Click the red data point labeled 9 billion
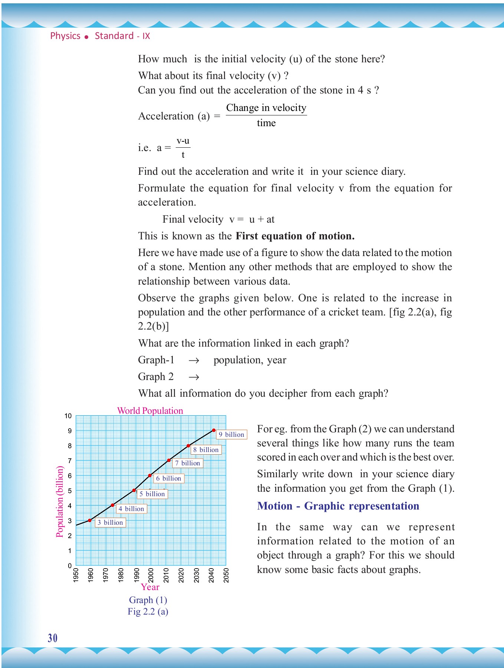click(x=214, y=430)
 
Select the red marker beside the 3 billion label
click(x=90, y=520)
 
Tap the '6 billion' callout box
click(x=169, y=478)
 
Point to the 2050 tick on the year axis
click(x=226, y=575)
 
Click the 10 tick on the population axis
click(x=68, y=416)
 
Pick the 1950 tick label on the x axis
click(x=76, y=575)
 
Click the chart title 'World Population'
click(x=150, y=411)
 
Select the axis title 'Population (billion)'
click(x=60, y=501)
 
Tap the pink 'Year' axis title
click(x=150, y=587)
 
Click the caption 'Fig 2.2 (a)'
click(x=148, y=612)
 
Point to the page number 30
click(x=53, y=638)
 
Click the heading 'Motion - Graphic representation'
click(x=338, y=506)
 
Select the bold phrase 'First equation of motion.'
click(x=295, y=236)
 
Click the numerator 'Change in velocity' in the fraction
click(x=266, y=108)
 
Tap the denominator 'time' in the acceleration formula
click(x=266, y=123)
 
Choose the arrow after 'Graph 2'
click(x=194, y=377)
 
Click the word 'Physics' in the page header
click(x=65, y=36)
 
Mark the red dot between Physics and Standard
click(x=86, y=37)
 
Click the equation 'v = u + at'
click(x=252, y=219)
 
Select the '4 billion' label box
click(x=131, y=509)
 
